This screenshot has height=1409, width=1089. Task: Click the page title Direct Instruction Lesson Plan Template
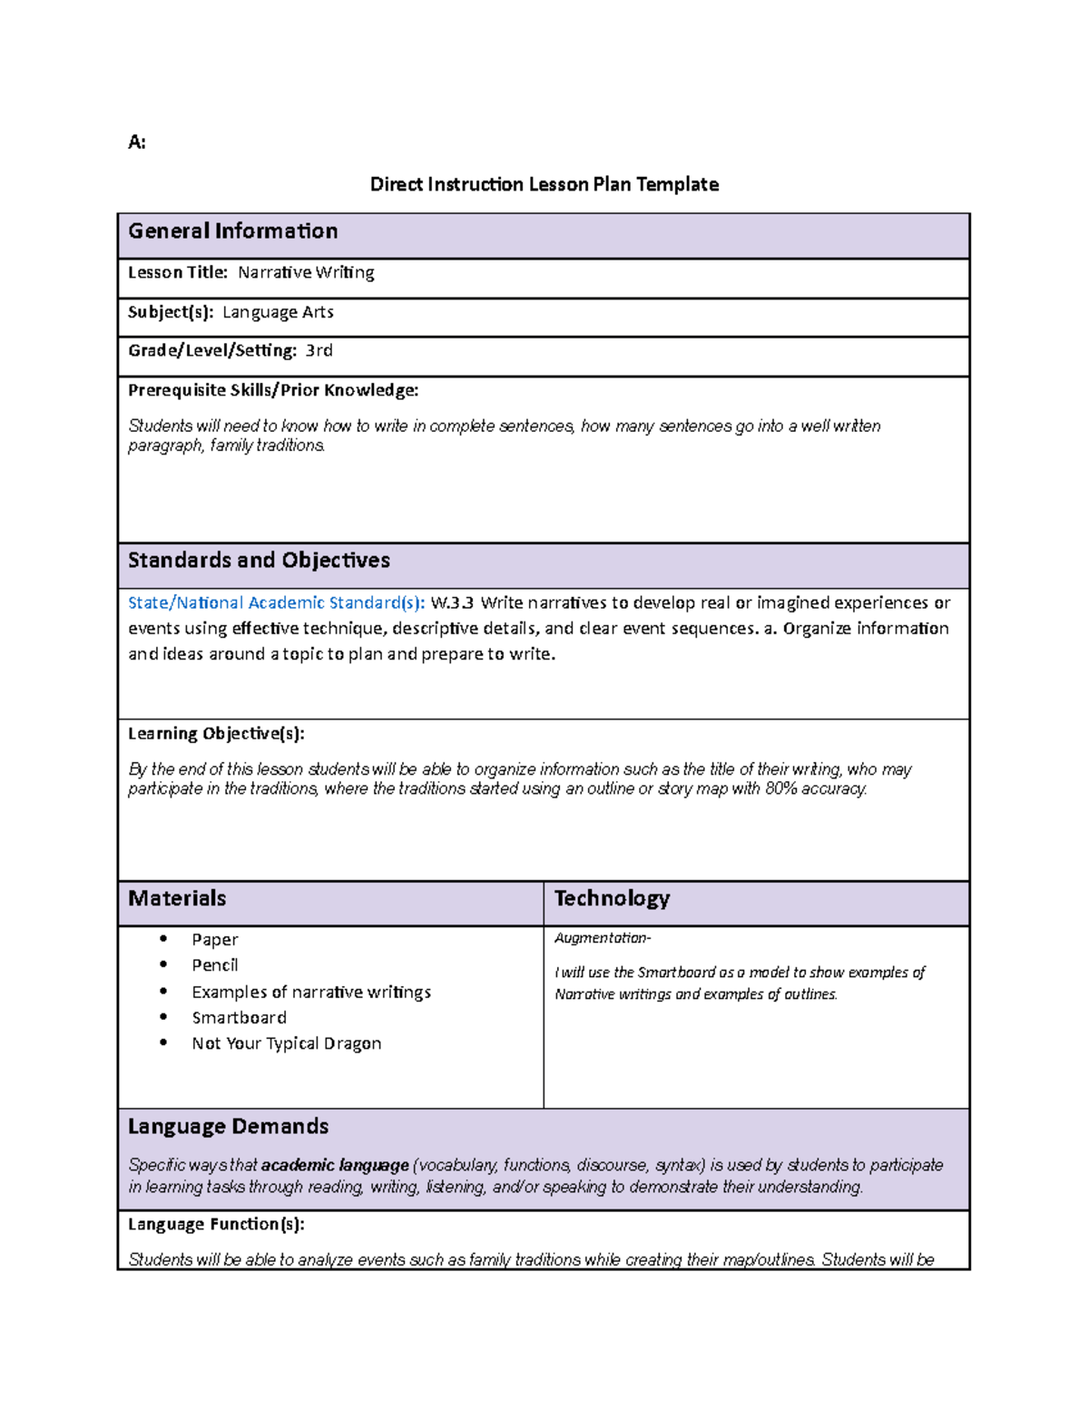pos(544,184)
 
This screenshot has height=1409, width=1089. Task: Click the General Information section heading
pos(232,231)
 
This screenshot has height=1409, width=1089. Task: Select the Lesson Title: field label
pos(178,272)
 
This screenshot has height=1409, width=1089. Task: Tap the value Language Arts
pos(278,312)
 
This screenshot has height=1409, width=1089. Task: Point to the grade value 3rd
pos(319,350)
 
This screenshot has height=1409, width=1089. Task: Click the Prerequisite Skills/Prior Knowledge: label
pos(272,390)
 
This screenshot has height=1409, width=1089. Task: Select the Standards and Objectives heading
pos(259,560)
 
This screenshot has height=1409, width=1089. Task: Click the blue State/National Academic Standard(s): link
pos(276,602)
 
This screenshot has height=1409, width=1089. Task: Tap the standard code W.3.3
pos(452,602)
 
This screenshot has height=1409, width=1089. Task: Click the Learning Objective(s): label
pos(216,733)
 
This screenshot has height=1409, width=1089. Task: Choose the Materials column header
pos(177,898)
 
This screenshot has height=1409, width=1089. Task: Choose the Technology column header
pos(612,898)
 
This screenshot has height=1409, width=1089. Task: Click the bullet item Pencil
pos(215,965)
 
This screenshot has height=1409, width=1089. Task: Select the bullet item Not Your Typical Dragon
pos(286,1043)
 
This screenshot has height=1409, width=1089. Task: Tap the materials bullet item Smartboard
pos(239,1018)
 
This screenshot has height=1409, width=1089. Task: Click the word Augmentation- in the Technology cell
pos(603,938)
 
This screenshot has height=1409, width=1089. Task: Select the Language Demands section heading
pos(228,1126)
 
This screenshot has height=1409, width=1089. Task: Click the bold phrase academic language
pos(335,1165)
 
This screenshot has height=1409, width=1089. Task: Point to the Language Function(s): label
pos(216,1224)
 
